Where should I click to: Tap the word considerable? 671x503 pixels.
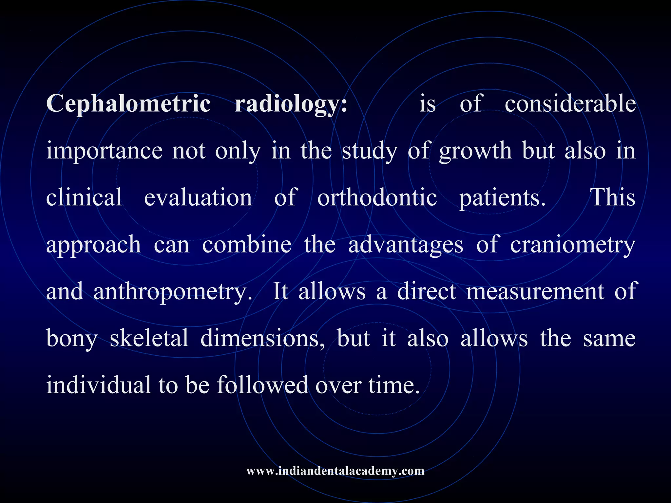point(570,103)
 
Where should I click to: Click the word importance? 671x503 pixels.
point(104,151)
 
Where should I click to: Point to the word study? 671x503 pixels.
point(370,151)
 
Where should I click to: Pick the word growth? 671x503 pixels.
point(475,151)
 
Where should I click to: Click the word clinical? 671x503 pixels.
point(84,197)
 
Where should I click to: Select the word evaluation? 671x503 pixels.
point(198,197)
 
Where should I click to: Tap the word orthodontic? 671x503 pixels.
point(377,197)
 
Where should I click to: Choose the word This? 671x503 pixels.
point(612,197)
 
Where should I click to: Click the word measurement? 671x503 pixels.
point(535,291)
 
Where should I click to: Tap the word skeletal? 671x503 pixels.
point(149,338)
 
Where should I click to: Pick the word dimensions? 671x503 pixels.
point(262,338)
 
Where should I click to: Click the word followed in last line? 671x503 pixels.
point(262,385)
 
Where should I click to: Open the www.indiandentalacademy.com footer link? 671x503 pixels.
point(335,471)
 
